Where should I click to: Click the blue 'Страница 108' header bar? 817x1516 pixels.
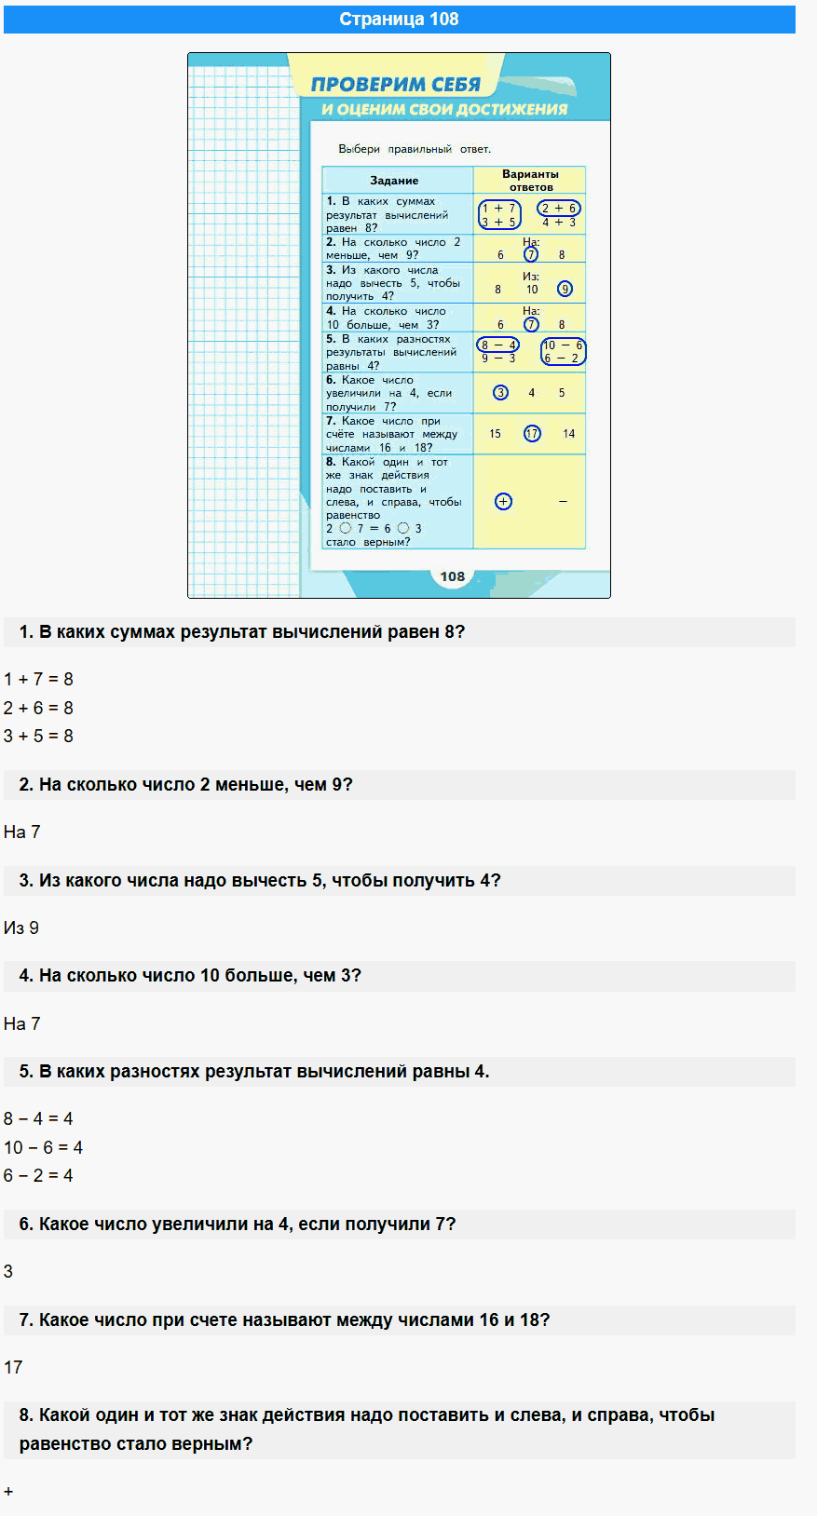pos(399,20)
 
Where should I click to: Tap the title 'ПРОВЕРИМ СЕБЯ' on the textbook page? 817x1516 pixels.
pos(395,85)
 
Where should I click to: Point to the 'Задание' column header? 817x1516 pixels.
pos(394,181)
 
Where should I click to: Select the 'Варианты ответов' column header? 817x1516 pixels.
pos(530,180)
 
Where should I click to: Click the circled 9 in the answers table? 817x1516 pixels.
pos(565,289)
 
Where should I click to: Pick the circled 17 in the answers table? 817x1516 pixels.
pos(532,434)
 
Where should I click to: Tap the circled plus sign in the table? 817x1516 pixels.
pos(503,502)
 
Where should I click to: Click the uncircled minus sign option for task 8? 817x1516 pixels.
pos(563,502)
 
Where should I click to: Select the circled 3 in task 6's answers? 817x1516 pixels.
pos(501,393)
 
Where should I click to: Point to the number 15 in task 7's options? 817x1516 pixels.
pos(495,434)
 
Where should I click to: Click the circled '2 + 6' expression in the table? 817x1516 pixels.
pos(559,209)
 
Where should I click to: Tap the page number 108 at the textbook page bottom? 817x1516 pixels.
pos(453,576)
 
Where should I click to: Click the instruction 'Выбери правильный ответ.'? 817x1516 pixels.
pos(415,149)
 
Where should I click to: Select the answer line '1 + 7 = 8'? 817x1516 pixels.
pos(38,680)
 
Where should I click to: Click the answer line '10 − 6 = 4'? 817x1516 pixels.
pos(43,1147)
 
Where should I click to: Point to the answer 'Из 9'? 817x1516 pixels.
pos(21,928)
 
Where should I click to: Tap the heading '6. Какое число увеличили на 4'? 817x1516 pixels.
pos(238,1225)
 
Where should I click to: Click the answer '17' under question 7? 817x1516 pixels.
pos(13,1367)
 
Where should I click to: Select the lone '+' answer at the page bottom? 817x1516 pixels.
pos(8,1492)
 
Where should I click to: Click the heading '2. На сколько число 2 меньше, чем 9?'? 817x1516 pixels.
pos(186,785)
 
